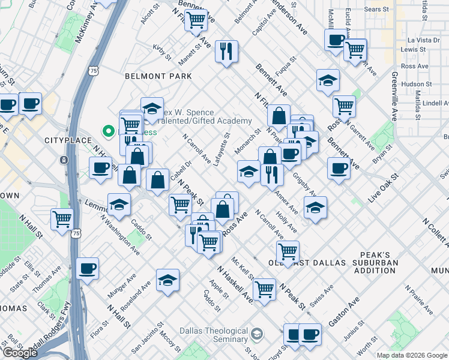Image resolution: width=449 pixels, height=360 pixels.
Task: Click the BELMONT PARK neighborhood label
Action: coord(158,76)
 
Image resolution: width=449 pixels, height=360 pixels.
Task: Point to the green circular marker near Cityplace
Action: coord(109,130)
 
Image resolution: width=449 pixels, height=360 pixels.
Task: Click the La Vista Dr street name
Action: coord(415,40)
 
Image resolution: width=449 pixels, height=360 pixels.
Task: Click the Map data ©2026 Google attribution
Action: coord(412,355)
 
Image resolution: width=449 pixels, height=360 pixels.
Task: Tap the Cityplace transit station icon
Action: coord(64,160)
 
